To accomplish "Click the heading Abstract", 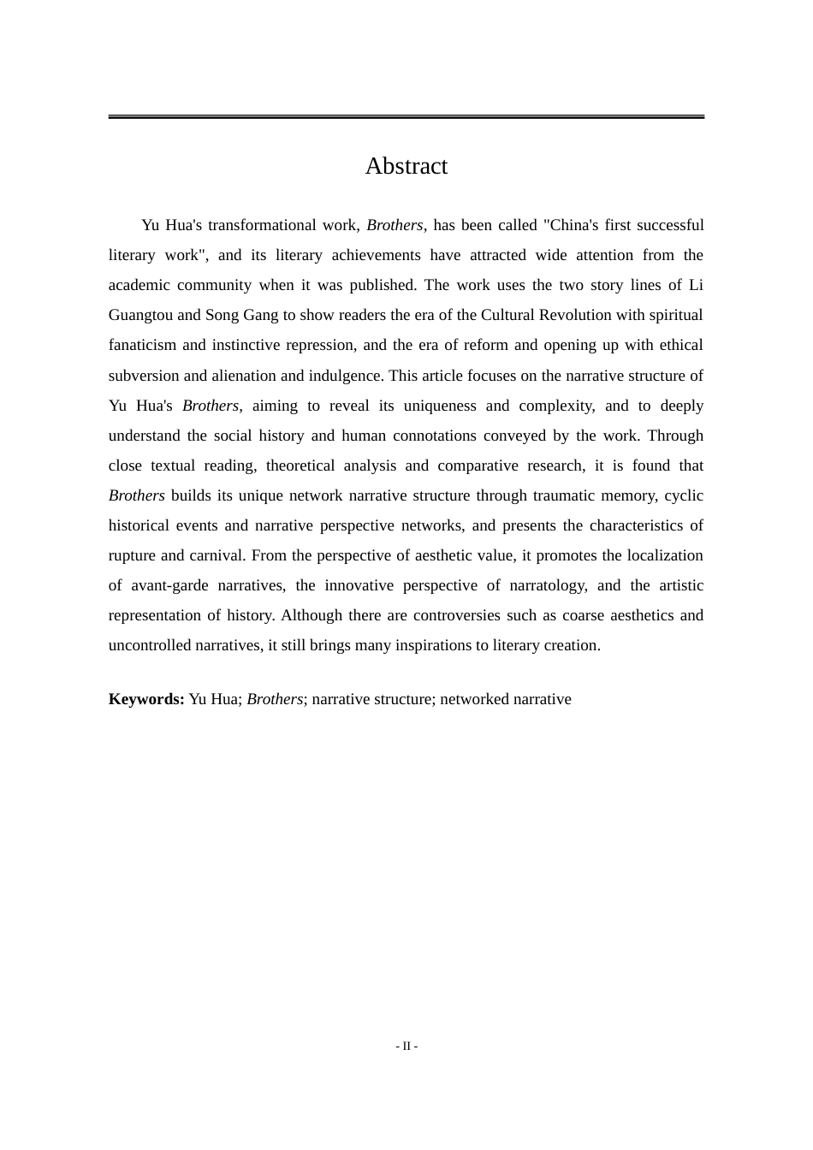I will tap(406, 166).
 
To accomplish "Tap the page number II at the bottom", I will tap(406, 1046).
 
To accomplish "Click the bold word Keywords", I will tap(145, 699).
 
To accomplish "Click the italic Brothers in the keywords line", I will tap(275, 699).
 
